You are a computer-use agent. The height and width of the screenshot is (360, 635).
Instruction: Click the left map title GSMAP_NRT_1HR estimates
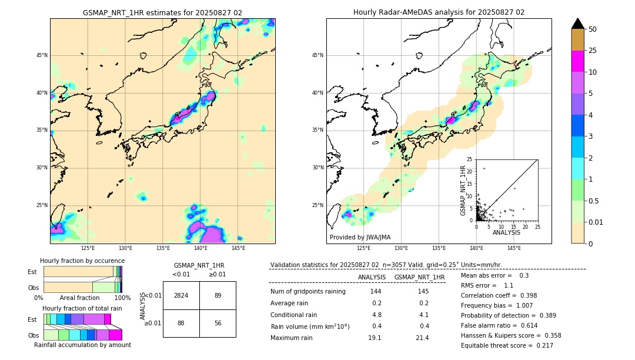pyautogui.click(x=162, y=12)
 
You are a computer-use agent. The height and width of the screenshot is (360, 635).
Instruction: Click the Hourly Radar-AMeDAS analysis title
pyautogui.click(x=439, y=12)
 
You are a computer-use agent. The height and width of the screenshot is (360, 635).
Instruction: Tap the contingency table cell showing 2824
pyautogui.click(x=181, y=295)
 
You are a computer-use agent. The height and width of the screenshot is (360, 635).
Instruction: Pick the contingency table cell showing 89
pyautogui.click(x=218, y=295)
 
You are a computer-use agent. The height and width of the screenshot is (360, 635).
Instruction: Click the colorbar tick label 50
pyautogui.click(x=593, y=29)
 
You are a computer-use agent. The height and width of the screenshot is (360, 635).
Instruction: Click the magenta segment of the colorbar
pyautogui.click(x=578, y=61)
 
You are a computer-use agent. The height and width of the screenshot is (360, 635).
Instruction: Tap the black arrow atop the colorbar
pyautogui.click(x=578, y=24)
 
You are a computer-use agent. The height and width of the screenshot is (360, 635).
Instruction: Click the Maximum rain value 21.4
pyautogui.click(x=422, y=338)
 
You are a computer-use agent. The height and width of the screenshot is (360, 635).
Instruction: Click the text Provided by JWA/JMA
pyautogui.click(x=360, y=238)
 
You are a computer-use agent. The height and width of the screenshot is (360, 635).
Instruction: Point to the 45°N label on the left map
pyautogui.click(x=42, y=55)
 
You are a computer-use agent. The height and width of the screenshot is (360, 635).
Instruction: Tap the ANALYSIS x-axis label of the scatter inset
pyautogui.click(x=506, y=232)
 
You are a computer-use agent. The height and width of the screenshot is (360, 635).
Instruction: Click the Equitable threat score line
pyautogui.click(x=507, y=345)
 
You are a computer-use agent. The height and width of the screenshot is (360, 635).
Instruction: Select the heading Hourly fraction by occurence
pyautogui.click(x=82, y=261)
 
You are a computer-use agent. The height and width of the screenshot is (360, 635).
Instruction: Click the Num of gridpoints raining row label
pyautogui.click(x=308, y=292)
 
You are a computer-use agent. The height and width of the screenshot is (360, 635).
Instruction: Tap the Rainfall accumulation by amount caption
pyautogui.click(x=82, y=345)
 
